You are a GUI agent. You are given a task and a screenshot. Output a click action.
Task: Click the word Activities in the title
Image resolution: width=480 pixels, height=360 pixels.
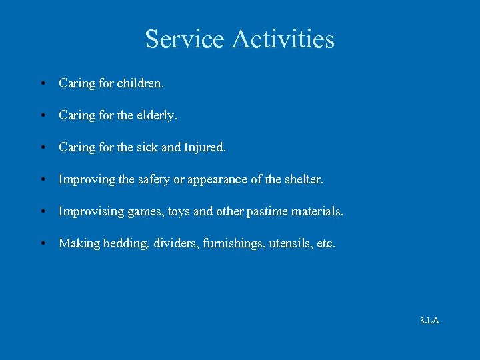pos(283,39)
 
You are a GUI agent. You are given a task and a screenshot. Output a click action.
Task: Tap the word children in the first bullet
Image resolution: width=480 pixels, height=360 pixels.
pos(140,83)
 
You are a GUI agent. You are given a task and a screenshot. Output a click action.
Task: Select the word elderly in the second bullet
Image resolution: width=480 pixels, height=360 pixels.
pos(157,115)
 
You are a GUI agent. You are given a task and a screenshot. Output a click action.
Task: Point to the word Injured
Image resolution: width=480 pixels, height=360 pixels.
pos(205,147)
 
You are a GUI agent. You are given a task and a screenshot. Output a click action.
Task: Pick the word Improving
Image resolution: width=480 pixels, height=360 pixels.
pos(85,179)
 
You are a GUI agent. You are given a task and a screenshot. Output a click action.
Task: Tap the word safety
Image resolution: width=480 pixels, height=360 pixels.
pos(153,179)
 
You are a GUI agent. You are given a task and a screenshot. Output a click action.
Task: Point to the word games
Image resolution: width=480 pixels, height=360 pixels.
pos(145,211)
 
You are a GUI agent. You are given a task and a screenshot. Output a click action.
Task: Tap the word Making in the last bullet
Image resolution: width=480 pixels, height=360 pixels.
pos(77,243)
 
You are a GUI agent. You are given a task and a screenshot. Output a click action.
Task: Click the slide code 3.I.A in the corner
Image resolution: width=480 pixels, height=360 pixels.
pos(429,321)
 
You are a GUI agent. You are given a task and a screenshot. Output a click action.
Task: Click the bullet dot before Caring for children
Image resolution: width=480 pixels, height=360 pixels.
pos(42,84)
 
